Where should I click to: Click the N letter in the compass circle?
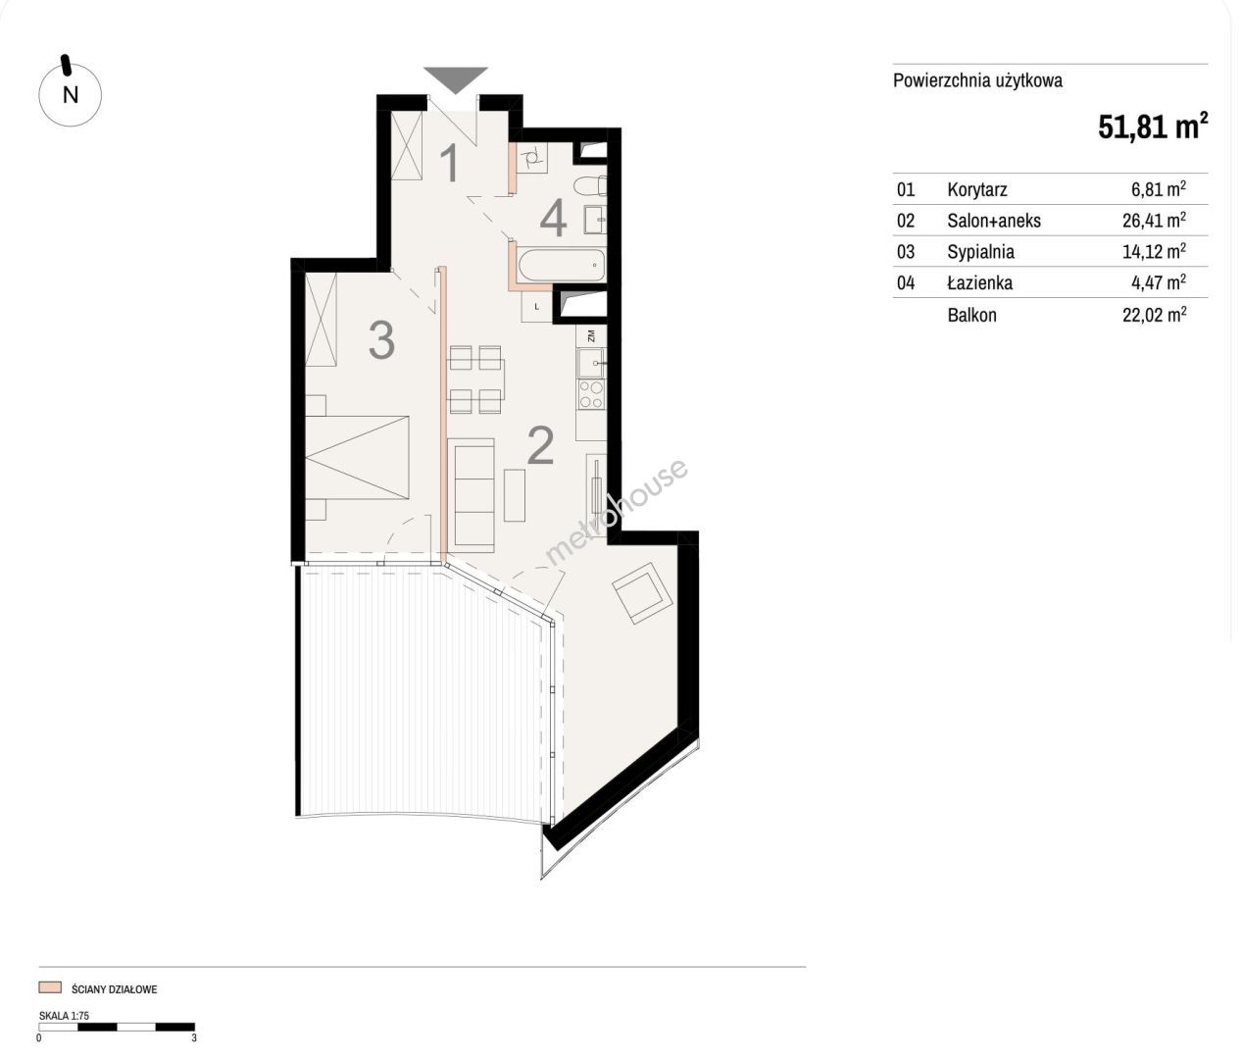pyautogui.click(x=71, y=95)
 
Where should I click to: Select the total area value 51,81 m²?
pyautogui.click(x=1153, y=126)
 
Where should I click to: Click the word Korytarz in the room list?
pyautogui.click(x=977, y=190)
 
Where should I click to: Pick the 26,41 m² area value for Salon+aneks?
pyautogui.click(x=1155, y=220)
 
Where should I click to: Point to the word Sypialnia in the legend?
pyautogui.click(x=980, y=252)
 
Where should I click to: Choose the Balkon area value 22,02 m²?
pyautogui.click(x=1155, y=315)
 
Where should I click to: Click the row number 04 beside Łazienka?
pyautogui.click(x=906, y=283)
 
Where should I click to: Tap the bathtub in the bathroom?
pyautogui.click(x=561, y=265)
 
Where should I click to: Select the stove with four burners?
pyautogui.click(x=591, y=394)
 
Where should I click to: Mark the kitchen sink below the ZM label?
pyautogui.click(x=591, y=363)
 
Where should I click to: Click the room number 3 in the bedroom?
pyautogui.click(x=381, y=341)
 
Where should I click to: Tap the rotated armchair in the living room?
pyautogui.click(x=642, y=592)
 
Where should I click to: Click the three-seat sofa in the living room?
pyautogui.click(x=472, y=496)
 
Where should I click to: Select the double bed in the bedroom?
pyautogui.click(x=358, y=457)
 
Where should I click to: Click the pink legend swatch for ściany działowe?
pyautogui.click(x=50, y=987)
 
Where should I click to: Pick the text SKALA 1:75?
pyautogui.click(x=65, y=1016)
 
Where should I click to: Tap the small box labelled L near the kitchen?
pyautogui.click(x=536, y=307)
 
